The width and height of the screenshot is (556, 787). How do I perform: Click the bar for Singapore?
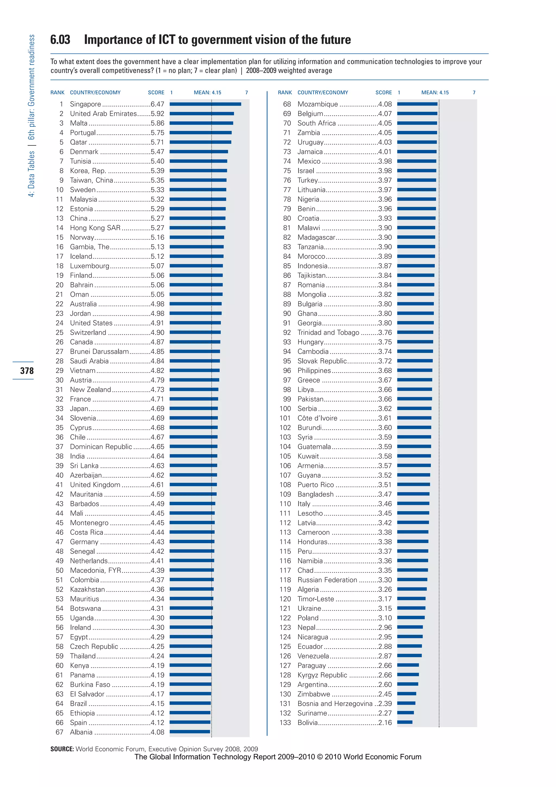click(206, 104)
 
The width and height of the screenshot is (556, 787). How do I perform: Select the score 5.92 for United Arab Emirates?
click(157, 113)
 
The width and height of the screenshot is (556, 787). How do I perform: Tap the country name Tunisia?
click(80, 161)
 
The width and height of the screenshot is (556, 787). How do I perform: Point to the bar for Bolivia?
click(405, 723)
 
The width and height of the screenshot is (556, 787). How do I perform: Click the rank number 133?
click(285, 723)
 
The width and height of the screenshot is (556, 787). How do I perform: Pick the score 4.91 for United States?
click(157, 323)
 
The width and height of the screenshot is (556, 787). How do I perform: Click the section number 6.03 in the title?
click(60, 40)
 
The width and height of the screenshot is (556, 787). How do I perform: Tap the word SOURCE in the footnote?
click(62, 749)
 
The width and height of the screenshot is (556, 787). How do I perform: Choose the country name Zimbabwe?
click(314, 694)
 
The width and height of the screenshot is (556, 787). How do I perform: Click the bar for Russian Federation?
click(412, 580)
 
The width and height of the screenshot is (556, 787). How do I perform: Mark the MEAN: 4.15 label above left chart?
click(207, 93)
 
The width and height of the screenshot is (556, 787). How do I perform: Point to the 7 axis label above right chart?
click(474, 93)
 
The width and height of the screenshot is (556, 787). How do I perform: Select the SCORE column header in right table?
click(383, 93)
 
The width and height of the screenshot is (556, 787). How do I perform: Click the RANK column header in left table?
click(57, 93)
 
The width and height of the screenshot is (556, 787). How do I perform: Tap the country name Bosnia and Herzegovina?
click(335, 704)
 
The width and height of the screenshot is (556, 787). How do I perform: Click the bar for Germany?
click(192, 542)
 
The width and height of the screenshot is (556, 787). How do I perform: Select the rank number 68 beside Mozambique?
click(287, 104)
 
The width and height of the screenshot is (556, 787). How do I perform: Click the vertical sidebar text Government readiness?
click(31, 70)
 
